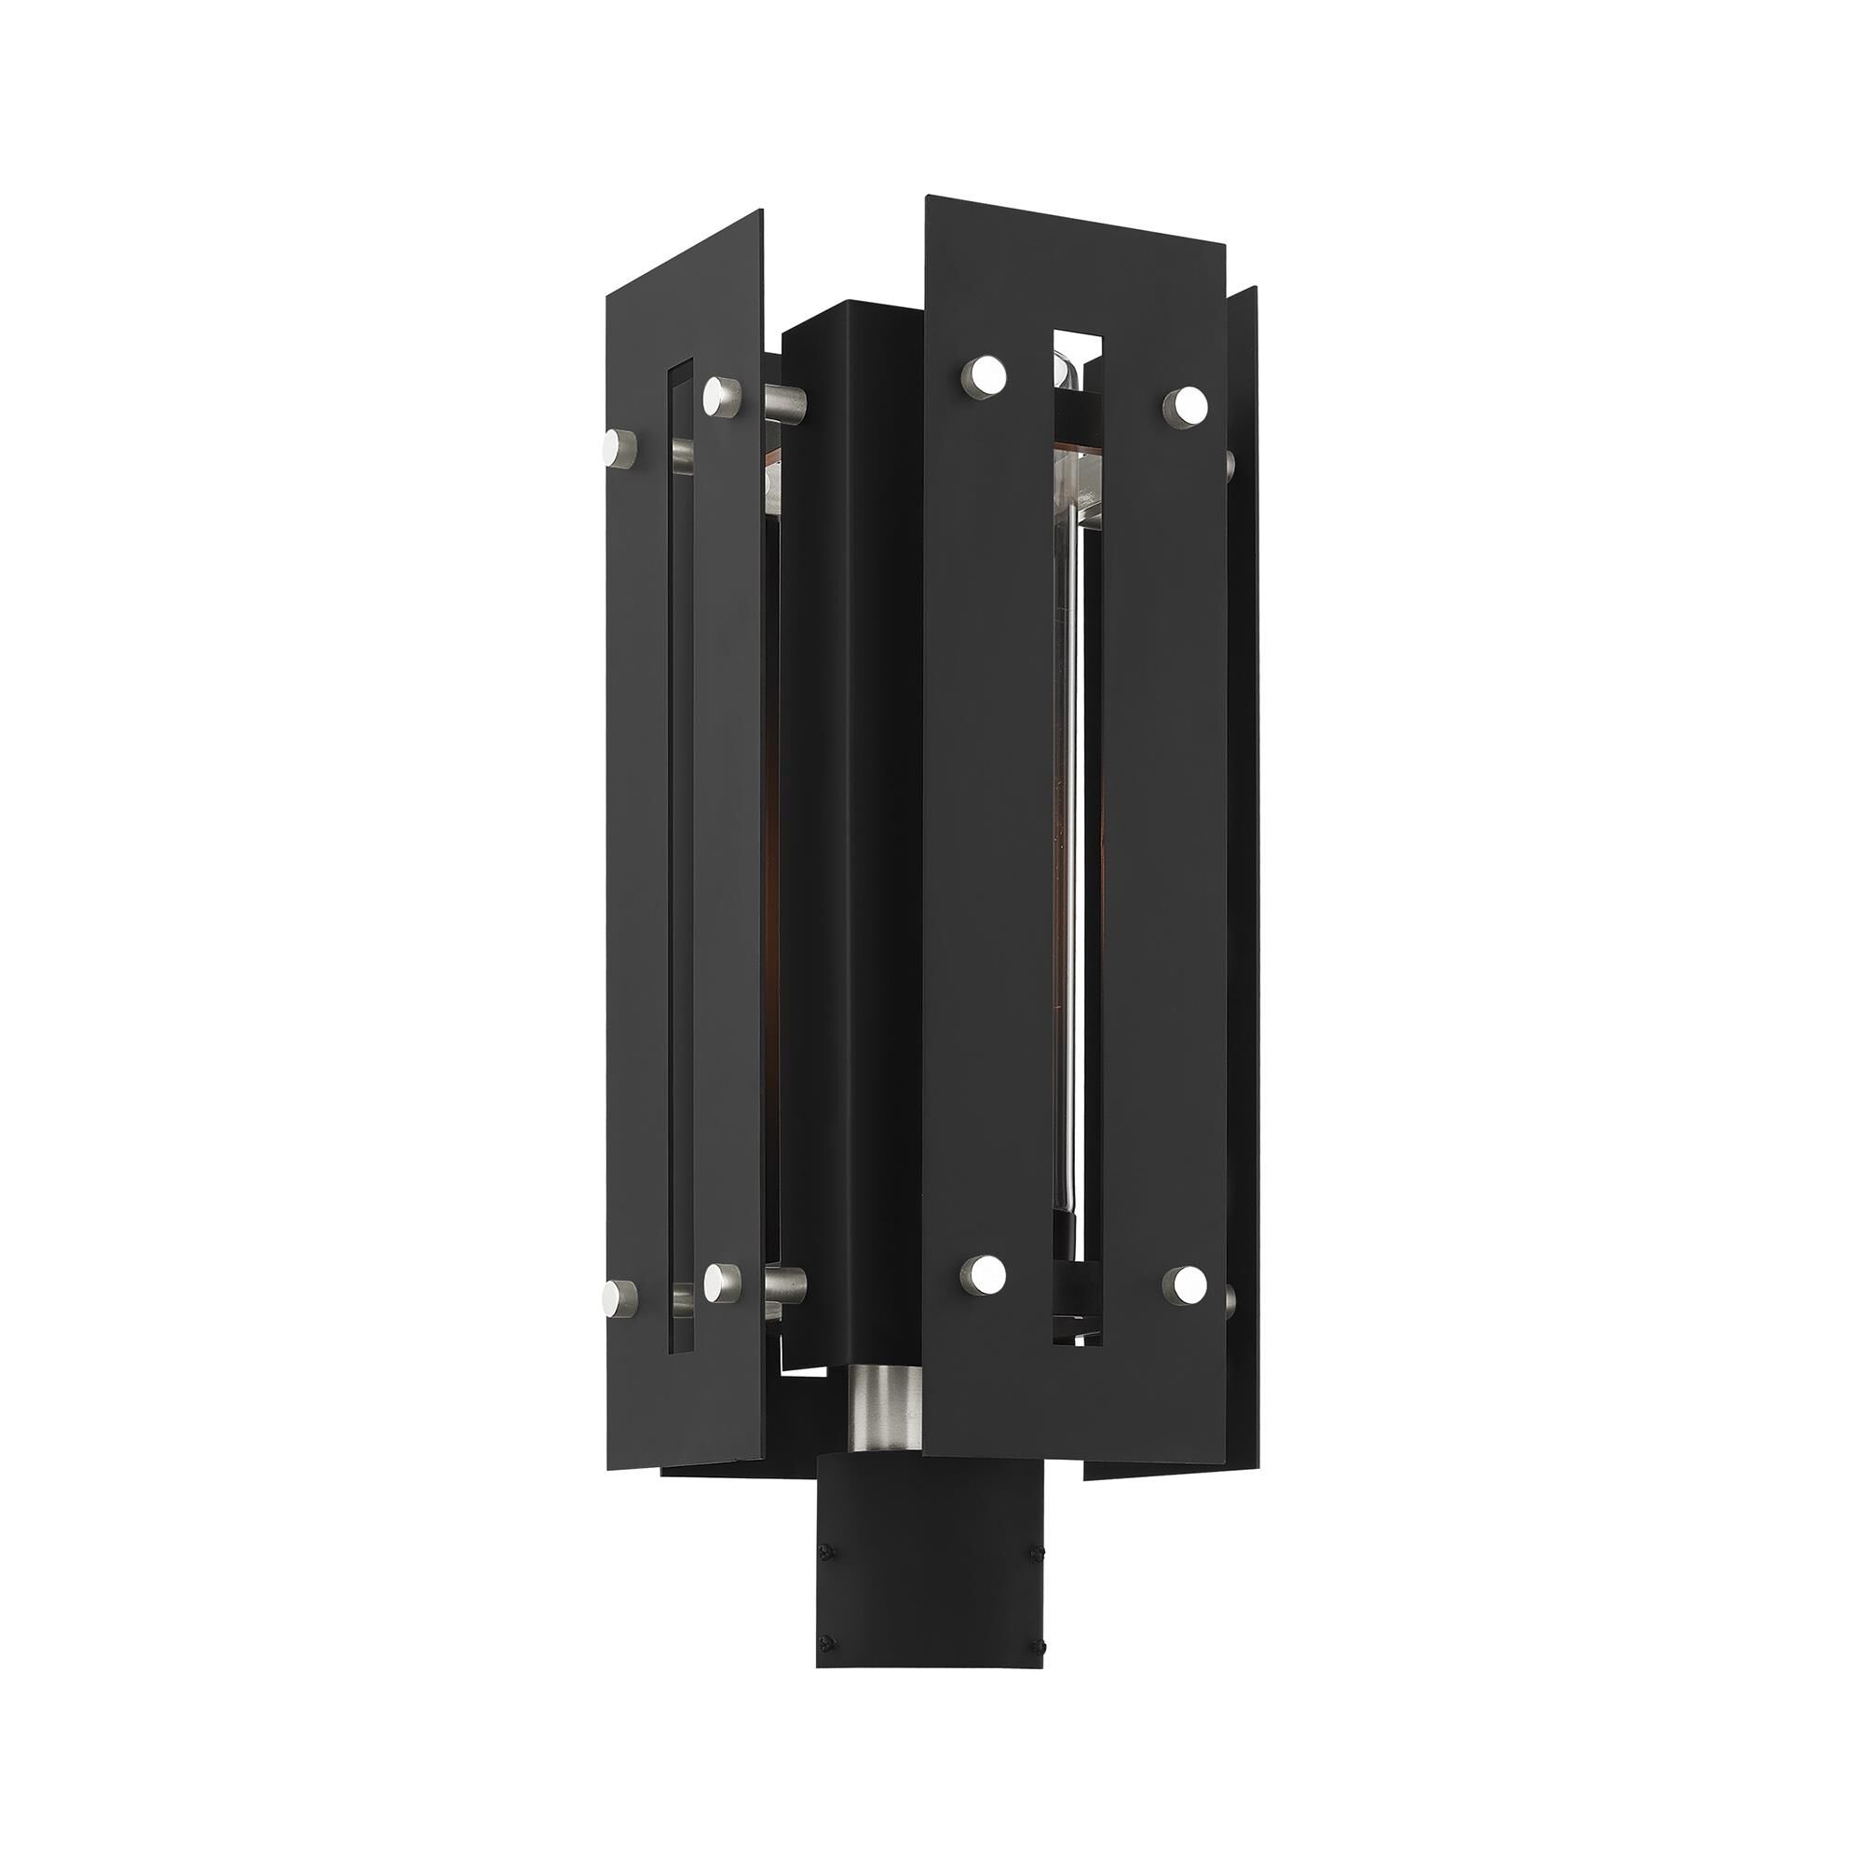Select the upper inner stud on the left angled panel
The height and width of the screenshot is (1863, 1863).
tap(719, 391)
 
